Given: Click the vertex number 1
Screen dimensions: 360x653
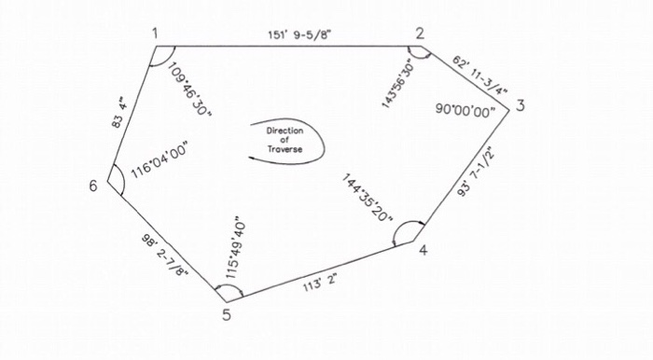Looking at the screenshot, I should point(156,34).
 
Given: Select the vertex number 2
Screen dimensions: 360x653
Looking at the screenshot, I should point(421,34).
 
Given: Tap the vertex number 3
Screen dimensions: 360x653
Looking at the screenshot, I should point(520,105).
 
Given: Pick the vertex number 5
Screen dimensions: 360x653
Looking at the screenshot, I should point(227,313).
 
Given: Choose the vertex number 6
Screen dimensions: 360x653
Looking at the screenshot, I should point(93,186).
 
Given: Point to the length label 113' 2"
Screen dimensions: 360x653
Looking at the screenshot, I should point(319,277).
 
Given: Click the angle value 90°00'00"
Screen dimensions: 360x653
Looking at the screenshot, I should point(465,109).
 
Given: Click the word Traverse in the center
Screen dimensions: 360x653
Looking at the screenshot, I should point(285,149).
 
